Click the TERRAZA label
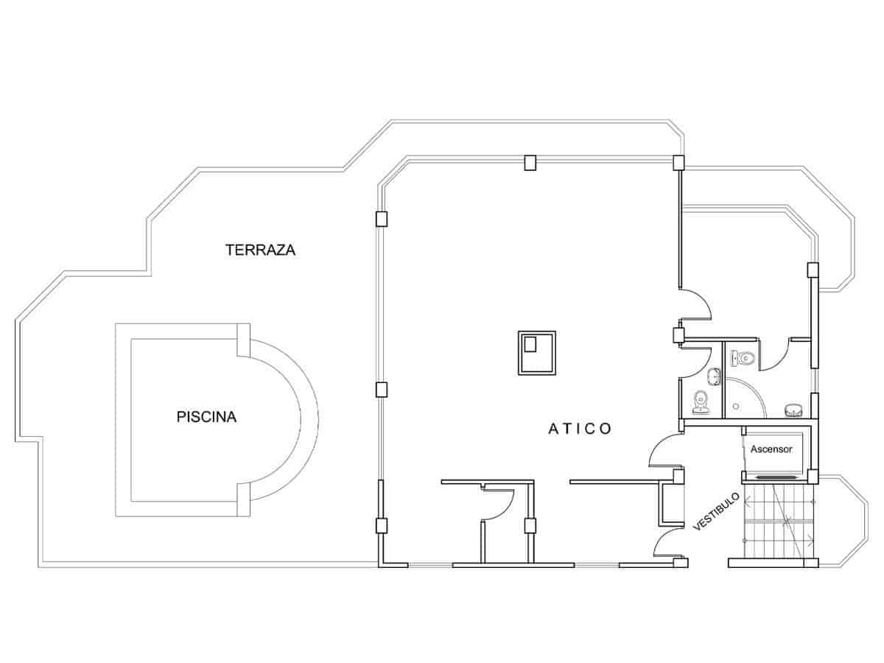(x=260, y=250)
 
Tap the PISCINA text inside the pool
(x=206, y=417)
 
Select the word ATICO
(x=580, y=429)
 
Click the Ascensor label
(x=771, y=448)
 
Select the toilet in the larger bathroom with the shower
(x=743, y=359)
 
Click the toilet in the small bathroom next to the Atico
(x=700, y=401)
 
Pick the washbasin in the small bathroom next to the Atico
(x=712, y=378)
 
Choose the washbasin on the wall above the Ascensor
(x=793, y=409)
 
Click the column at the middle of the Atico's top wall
(x=530, y=163)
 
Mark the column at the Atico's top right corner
(x=678, y=162)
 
